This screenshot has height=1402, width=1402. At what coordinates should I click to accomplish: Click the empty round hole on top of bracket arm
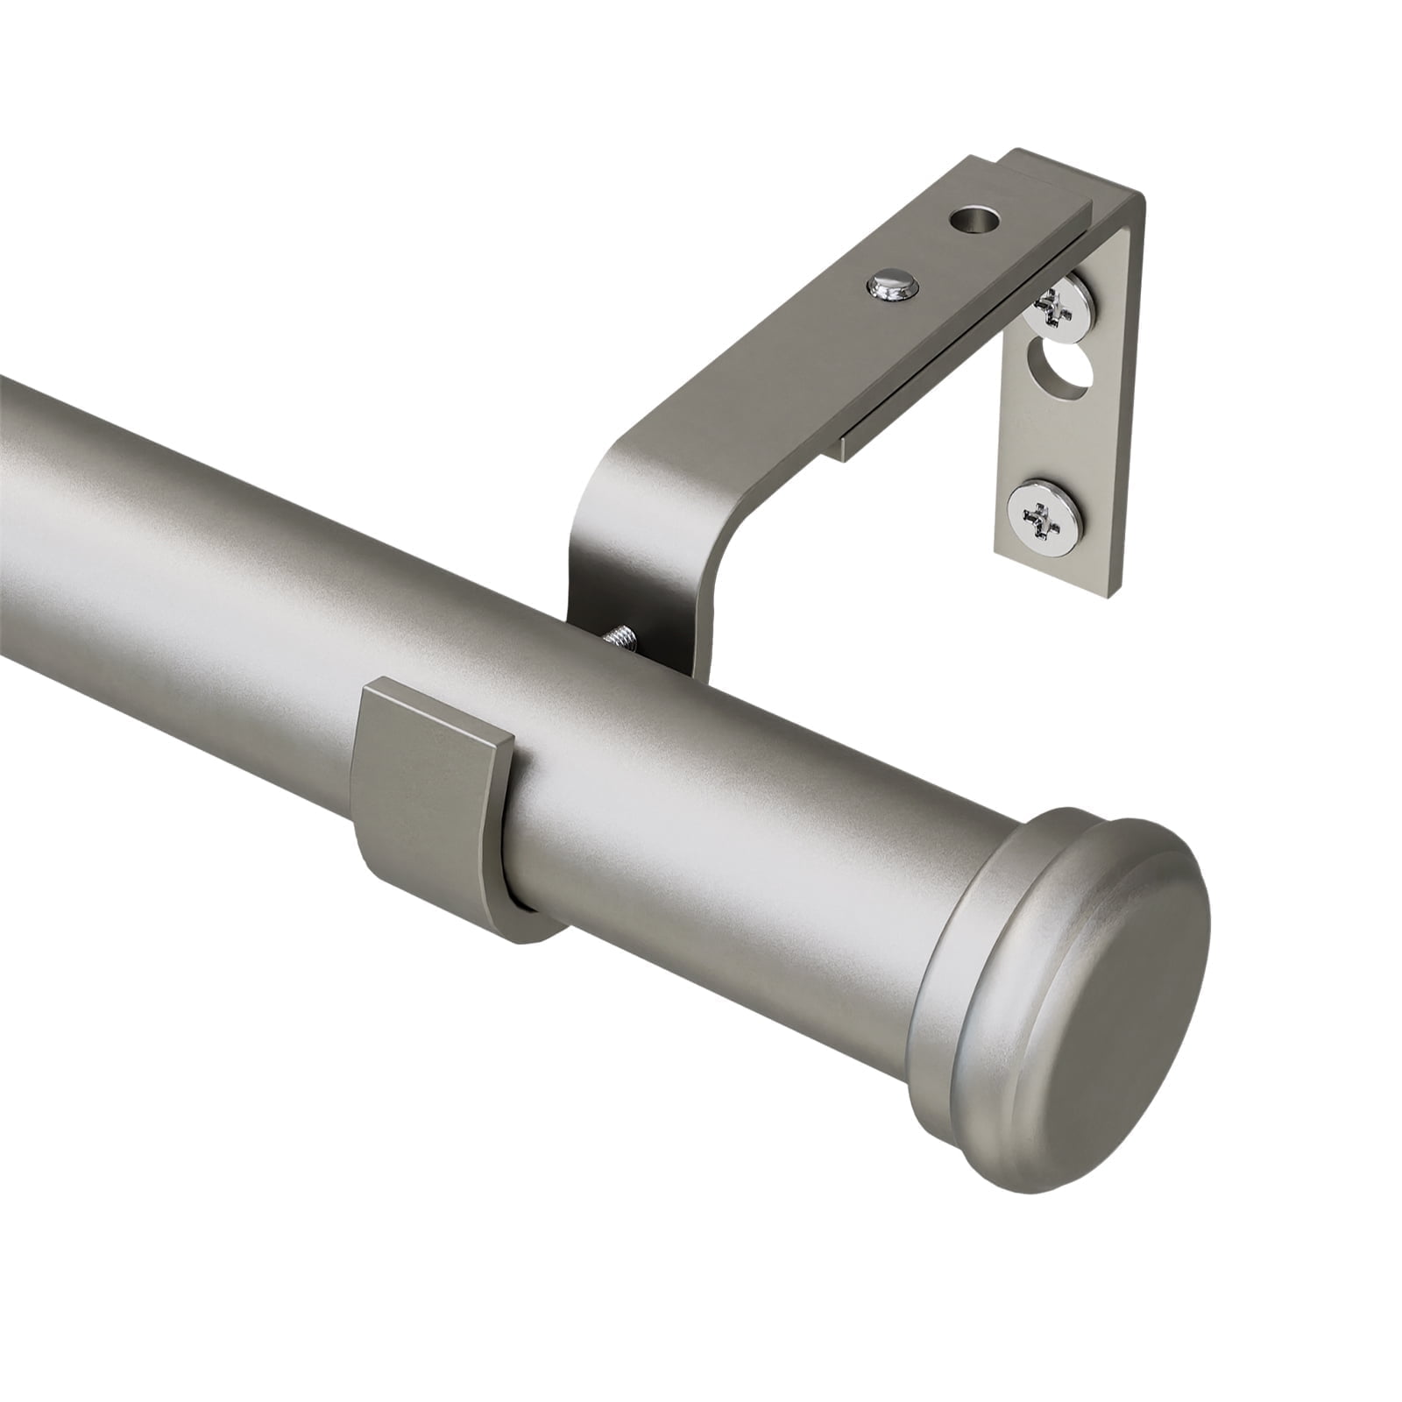[x=975, y=218]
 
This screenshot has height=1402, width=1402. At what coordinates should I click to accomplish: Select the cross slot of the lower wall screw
[x=1044, y=518]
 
